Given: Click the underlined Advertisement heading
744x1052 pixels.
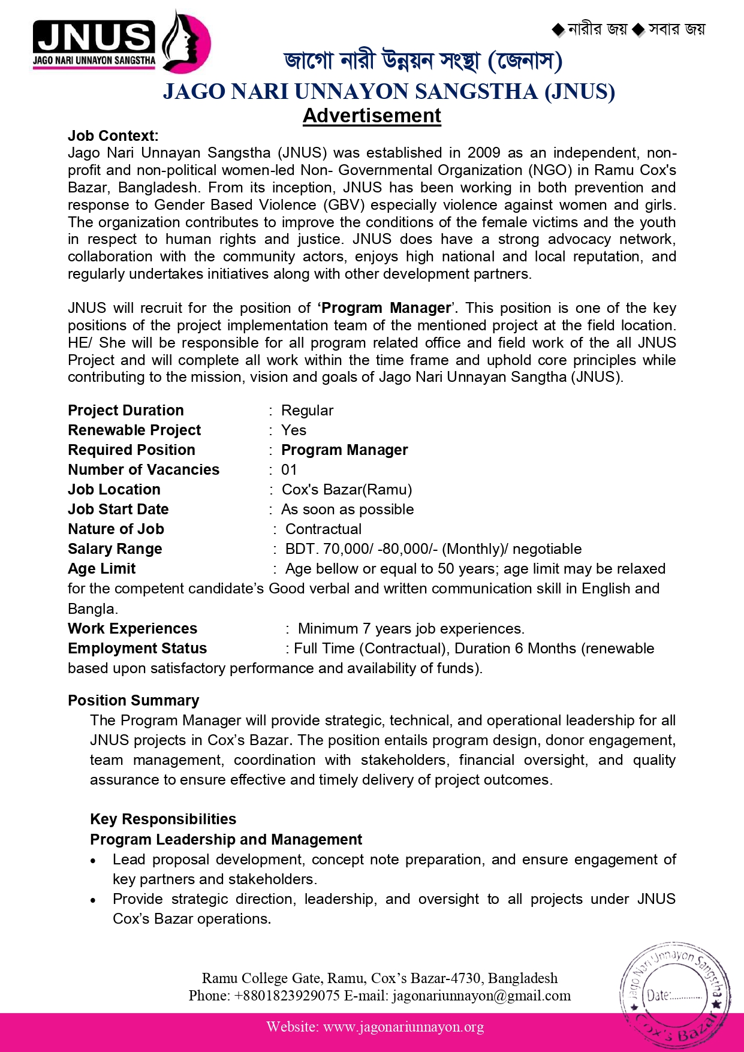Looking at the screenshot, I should click(372, 116).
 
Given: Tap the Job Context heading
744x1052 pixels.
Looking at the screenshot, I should click(113, 136).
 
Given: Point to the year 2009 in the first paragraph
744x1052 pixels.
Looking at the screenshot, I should click(484, 153).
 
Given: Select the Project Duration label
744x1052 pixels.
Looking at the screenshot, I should click(126, 411).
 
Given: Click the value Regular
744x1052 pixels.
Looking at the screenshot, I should click(307, 411).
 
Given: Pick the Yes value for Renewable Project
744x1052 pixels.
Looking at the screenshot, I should click(294, 430).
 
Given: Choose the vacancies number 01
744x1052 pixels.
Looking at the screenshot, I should click(289, 470).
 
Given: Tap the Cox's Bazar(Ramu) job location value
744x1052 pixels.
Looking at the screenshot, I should click(347, 490).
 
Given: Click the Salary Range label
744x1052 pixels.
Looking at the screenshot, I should click(115, 549).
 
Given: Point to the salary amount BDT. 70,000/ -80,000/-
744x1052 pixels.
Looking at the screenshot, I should click(361, 549).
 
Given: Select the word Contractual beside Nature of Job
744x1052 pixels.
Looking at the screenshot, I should click(323, 529).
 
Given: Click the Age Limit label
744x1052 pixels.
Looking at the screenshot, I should click(102, 569).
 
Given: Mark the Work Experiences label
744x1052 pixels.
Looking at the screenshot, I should click(132, 629).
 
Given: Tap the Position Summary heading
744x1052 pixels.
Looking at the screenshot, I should click(133, 701).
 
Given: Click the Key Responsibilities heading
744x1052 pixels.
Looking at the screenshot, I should click(163, 819).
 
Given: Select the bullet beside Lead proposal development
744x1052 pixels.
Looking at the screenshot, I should click(94, 861).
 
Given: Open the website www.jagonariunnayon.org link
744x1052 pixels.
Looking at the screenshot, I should click(403, 1027).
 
